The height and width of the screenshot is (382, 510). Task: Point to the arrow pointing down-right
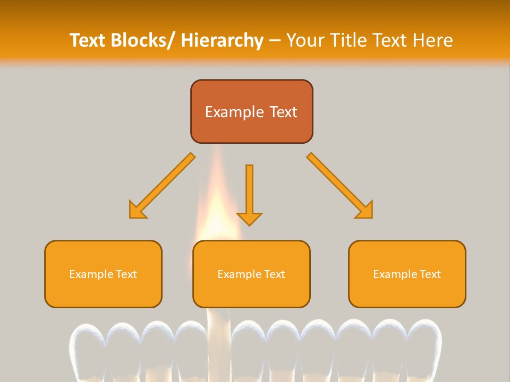click(341, 186)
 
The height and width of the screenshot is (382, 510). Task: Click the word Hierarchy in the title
click(222, 40)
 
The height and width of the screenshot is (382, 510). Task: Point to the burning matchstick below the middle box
click(218, 345)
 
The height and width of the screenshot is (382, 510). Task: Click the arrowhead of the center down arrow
click(249, 218)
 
